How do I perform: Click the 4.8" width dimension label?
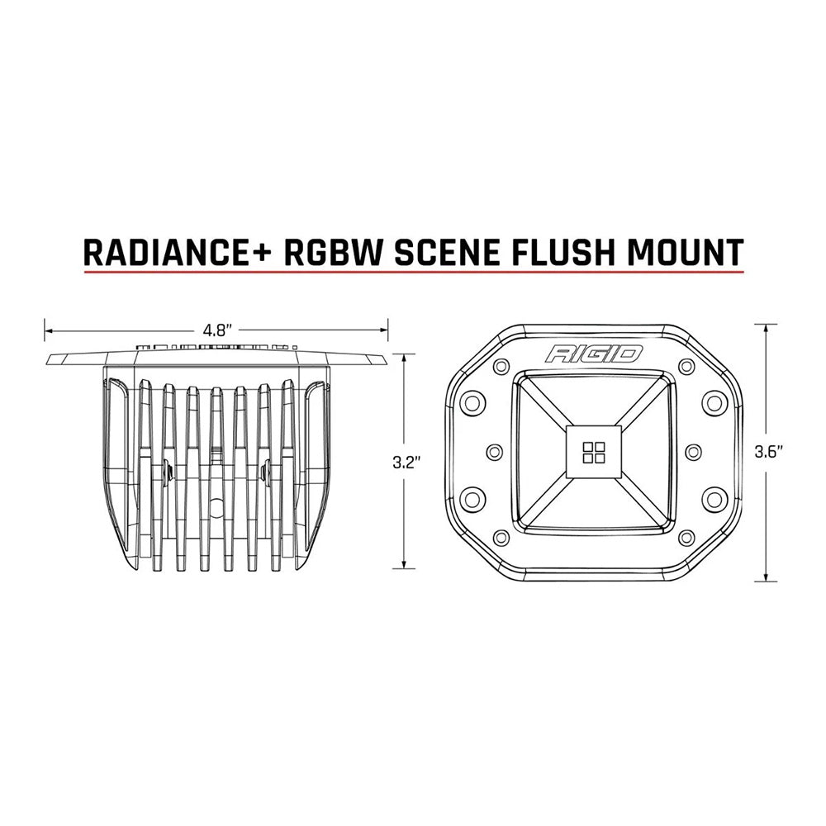coord(216,330)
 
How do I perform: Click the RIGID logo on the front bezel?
coord(593,354)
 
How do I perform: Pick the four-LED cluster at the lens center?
coord(593,451)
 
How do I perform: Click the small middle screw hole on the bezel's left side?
coord(495,451)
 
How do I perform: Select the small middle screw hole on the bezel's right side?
coord(692,451)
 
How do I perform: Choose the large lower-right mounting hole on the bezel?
coord(712,498)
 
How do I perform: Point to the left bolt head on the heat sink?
coord(169,472)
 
